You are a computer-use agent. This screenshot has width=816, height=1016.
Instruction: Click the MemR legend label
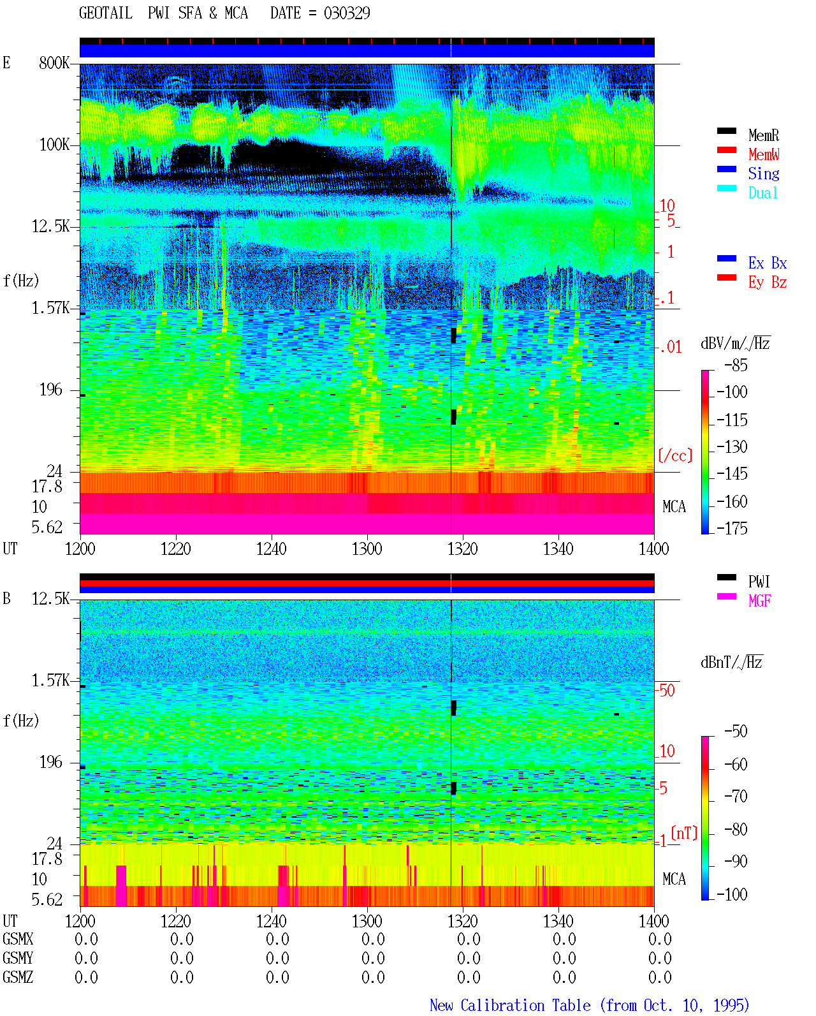coord(763,135)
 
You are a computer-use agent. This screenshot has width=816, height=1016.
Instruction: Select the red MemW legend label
coord(764,154)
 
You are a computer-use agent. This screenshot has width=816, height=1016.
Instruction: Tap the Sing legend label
coord(763,173)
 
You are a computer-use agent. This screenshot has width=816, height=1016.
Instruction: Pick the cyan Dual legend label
coord(762,193)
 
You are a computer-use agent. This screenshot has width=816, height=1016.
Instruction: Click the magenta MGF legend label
coord(759,601)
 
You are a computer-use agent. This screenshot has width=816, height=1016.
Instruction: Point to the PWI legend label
coord(759,582)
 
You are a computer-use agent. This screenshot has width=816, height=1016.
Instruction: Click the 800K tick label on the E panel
coord(54,63)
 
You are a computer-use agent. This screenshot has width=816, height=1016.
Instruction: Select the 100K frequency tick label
coord(54,145)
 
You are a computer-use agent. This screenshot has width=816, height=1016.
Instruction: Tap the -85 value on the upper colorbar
coord(736,365)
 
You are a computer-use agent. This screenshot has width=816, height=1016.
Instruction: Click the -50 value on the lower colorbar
coord(736,732)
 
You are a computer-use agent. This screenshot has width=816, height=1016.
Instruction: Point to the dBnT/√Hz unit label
coord(731,663)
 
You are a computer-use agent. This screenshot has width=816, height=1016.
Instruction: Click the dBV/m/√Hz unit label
coord(735,343)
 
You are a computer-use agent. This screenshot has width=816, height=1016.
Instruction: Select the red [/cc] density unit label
coord(675,455)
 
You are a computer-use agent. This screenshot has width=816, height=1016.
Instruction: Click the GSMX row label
coord(18,939)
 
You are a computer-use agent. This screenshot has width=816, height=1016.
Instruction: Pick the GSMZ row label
coord(18,977)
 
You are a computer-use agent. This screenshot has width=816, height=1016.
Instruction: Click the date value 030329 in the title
coord(347,13)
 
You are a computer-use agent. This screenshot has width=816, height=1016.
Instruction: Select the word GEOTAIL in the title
coord(106,13)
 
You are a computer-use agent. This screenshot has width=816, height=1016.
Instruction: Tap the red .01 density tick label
coord(670,348)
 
